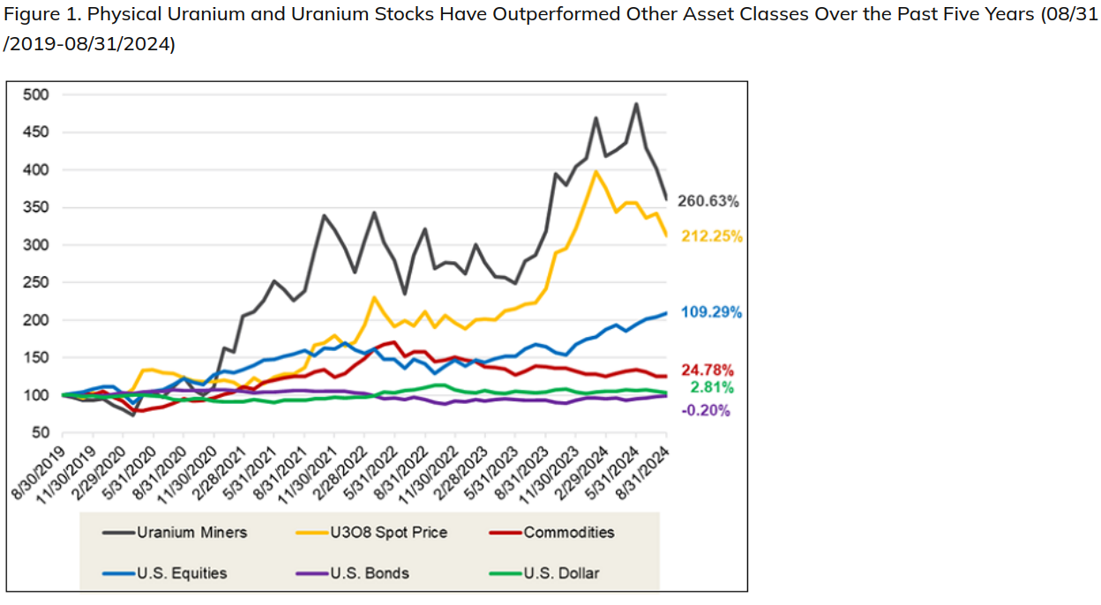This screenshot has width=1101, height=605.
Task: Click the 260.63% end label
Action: pos(708,201)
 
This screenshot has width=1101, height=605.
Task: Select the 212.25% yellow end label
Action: pos(711,236)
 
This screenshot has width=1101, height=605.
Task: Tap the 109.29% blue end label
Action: pos(711,312)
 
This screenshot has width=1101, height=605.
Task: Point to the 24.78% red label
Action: pos(707,370)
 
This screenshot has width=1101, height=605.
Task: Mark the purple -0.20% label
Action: pos(706,410)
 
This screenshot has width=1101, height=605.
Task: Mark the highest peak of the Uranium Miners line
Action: pos(636,104)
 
